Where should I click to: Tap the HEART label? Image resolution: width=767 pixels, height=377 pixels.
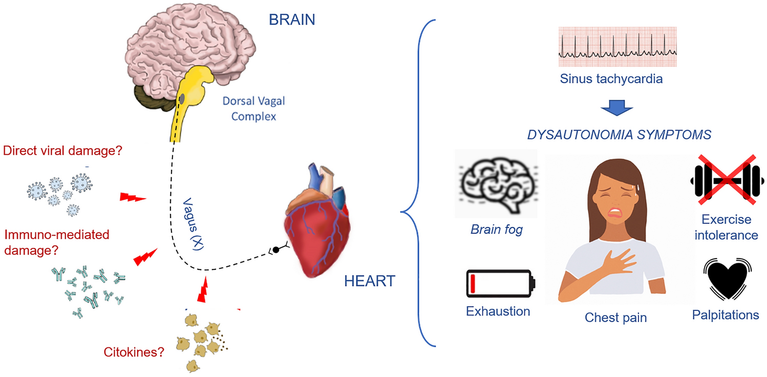point(370,281)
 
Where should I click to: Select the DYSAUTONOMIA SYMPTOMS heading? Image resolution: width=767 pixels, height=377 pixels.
point(620,135)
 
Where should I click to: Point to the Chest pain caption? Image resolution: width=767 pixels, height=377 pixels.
point(615,318)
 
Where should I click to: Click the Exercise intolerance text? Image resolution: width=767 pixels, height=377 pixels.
point(726,227)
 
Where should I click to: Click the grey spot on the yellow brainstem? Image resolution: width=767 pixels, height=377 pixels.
point(182,97)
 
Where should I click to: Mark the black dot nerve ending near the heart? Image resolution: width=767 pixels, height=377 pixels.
point(276,250)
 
